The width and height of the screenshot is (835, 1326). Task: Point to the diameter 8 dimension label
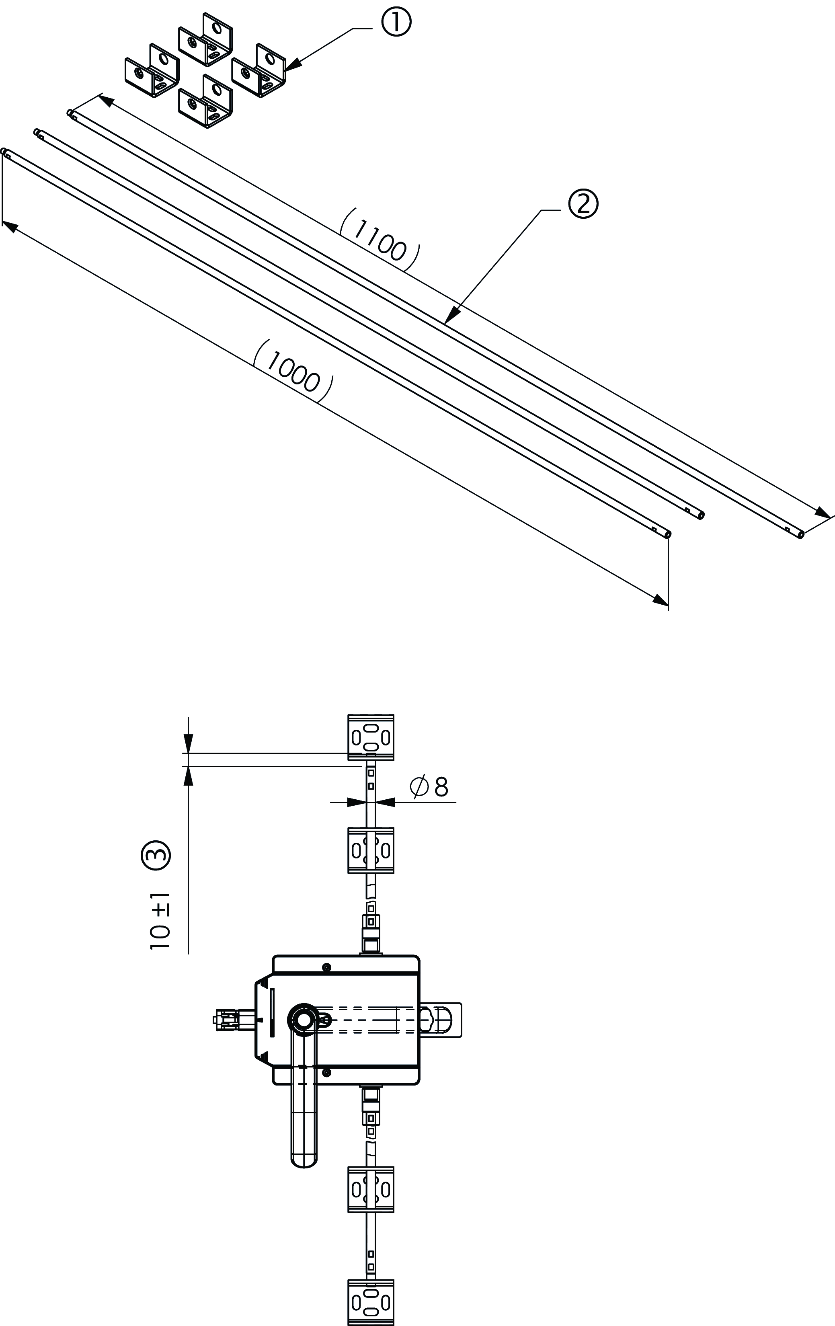[x=429, y=786]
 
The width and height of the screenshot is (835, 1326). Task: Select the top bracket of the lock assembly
[x=371, y=737]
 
